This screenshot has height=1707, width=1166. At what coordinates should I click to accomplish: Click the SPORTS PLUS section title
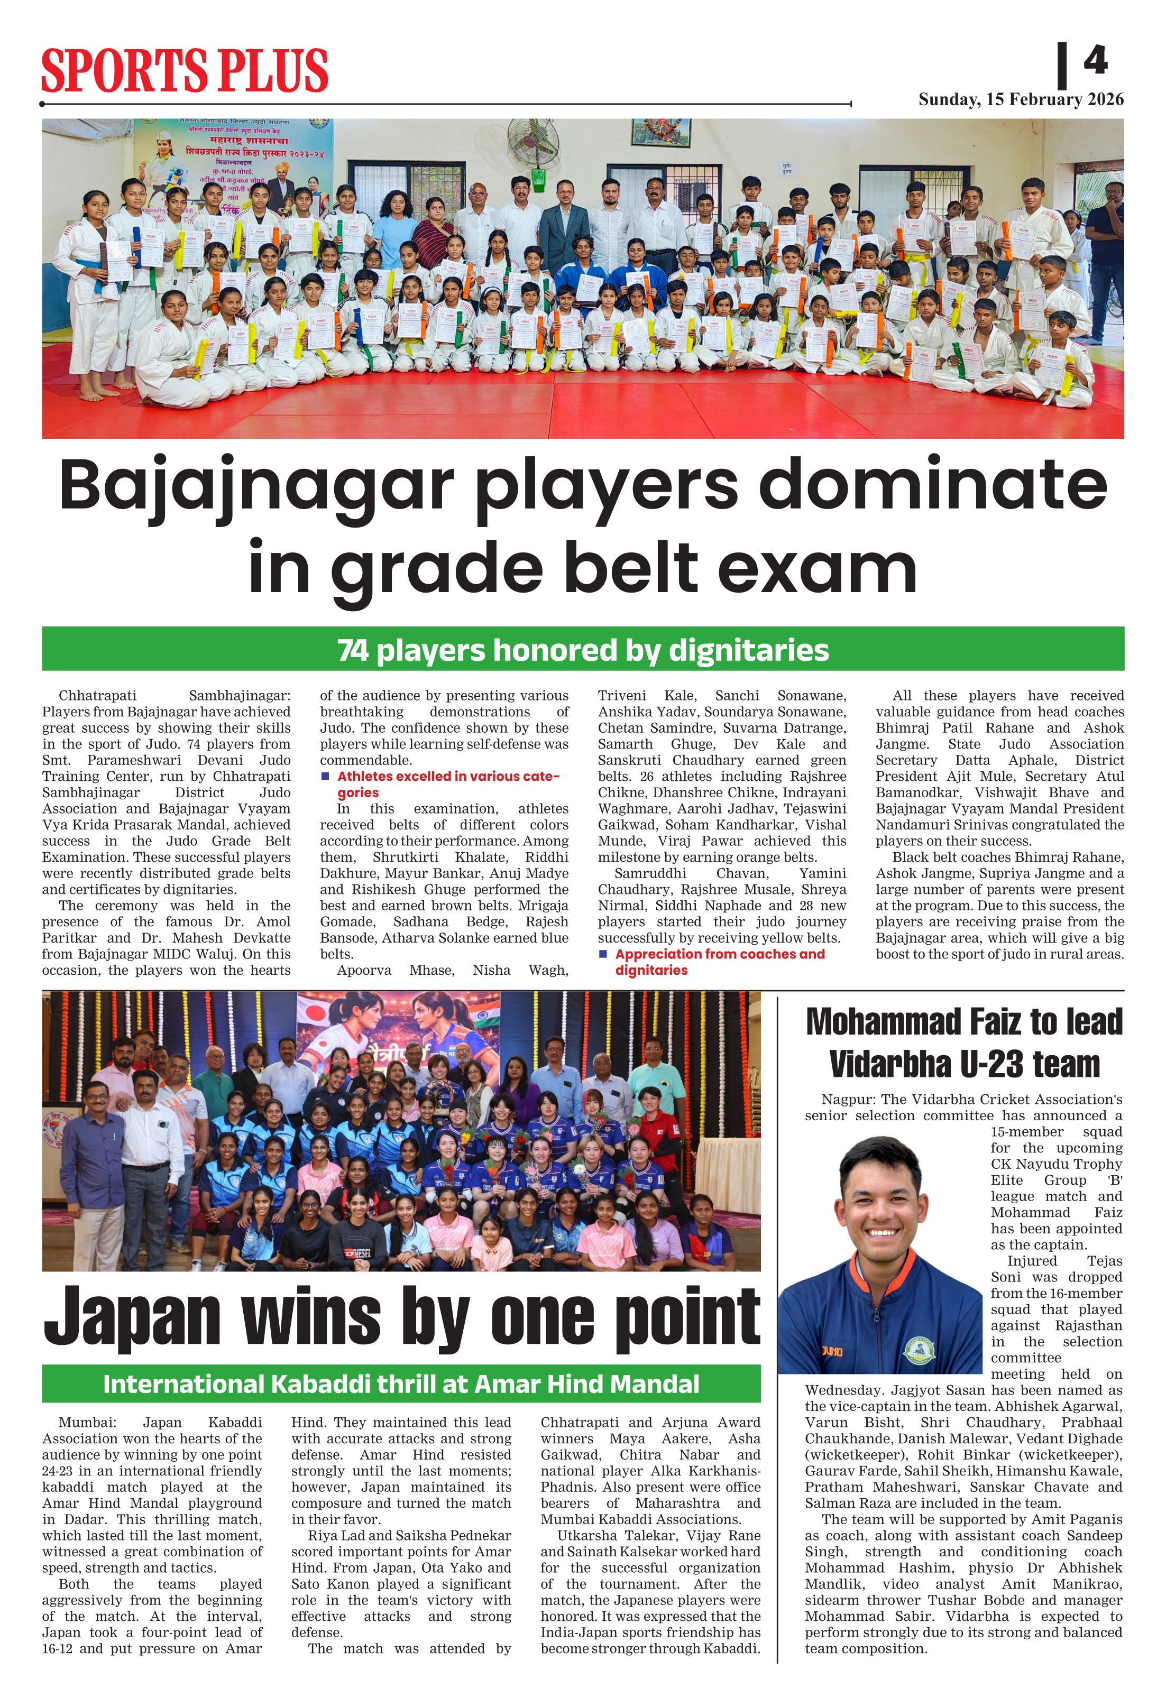(x=185, y=70)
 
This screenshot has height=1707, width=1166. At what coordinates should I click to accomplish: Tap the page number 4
(x=1095, y=60)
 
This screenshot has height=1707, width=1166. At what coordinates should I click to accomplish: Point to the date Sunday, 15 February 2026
(x=1021, y=100)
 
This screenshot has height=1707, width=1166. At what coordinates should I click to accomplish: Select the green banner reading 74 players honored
(x=583, y=649)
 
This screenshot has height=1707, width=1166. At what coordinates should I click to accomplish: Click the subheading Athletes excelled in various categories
(x=447, y=784)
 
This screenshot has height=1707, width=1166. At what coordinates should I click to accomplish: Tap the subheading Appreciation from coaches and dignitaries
(x=719, y=962)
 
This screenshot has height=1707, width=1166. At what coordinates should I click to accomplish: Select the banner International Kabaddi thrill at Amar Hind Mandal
(x=401, y=1384)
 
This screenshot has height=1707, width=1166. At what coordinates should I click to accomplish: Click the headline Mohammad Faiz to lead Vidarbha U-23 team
(x=964, y=1042)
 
